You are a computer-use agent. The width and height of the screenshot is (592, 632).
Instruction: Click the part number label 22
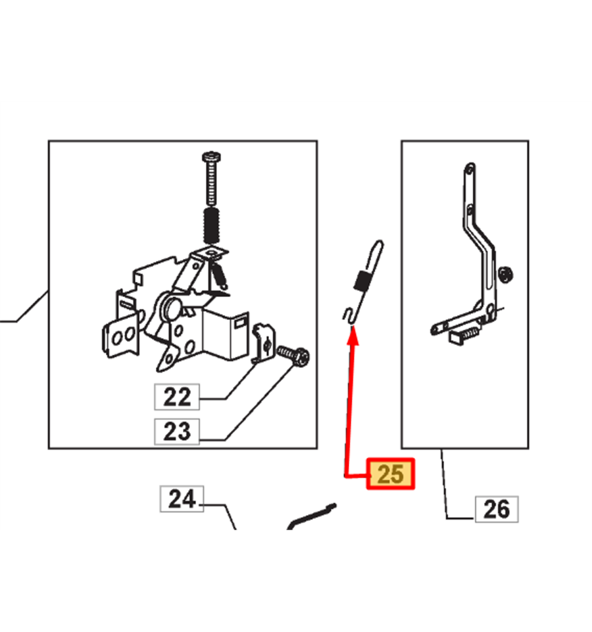click(177, 397)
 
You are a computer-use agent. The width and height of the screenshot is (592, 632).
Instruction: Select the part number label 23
click(177, 432)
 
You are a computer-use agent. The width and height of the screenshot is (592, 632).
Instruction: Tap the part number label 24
click(182, 499)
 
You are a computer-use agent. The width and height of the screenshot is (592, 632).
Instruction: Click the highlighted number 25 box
click(390, 474)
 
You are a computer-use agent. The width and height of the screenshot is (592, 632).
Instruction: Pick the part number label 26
click(497, 509)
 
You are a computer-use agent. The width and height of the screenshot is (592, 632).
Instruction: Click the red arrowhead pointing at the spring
click(353, 336)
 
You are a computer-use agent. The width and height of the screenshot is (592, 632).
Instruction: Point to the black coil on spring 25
click(362, 281)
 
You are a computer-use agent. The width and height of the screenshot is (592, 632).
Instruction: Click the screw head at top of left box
click(211, 156)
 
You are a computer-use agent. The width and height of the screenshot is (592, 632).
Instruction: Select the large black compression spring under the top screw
click(211, 226)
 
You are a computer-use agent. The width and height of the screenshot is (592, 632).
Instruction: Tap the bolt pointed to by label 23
click(294, 355)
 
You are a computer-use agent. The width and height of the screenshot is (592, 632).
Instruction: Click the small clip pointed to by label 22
click(263, 344)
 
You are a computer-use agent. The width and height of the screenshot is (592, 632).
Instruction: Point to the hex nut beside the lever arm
click(505, 275)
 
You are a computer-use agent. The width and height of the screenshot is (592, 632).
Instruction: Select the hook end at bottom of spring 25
click(349, 315)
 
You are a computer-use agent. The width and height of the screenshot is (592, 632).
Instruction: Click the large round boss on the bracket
click(171, 308)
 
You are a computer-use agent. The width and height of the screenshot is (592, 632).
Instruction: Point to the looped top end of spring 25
click(377, 250)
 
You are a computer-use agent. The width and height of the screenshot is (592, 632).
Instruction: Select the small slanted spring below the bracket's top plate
click(220, 275)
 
